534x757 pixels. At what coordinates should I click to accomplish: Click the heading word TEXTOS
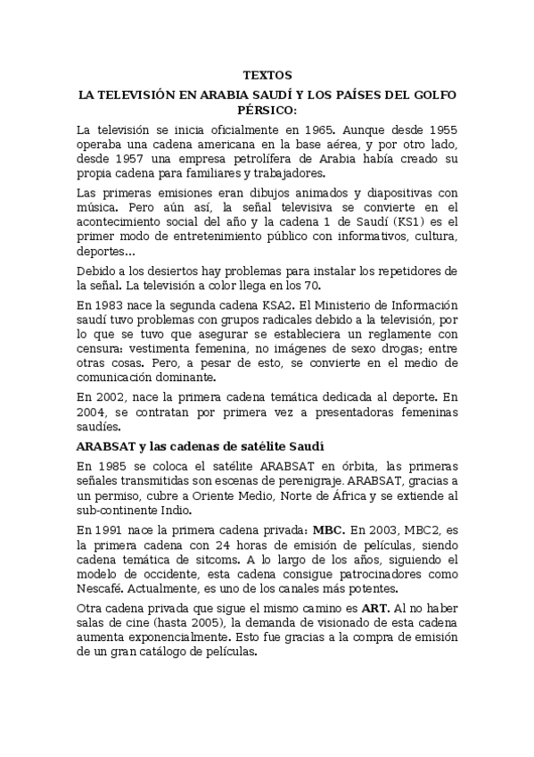[x=267, y=76]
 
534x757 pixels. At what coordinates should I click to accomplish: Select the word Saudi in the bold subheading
[x=304, y=445]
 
